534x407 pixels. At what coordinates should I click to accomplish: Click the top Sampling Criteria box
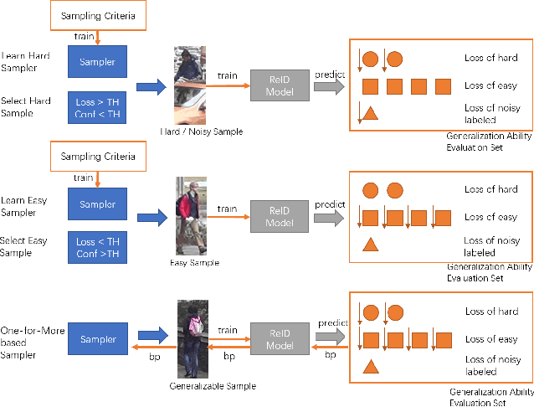click(x=98, y=15)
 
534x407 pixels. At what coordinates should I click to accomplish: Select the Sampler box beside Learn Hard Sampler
click(x=98, y=62)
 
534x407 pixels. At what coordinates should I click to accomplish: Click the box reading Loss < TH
click(x=98, y=246)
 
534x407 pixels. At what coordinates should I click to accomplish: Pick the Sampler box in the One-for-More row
click(x=98, y=339)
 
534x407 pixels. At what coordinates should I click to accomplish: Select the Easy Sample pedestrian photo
click(x=190, y=216)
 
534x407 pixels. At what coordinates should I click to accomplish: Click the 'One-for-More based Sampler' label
click(x=25, y=338)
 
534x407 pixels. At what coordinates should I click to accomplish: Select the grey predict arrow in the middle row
click(x=328, y=218)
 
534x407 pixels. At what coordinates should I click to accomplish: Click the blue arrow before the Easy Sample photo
click(x=151, y=219)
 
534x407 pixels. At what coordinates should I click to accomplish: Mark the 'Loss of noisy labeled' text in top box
click(x=490, y=113)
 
